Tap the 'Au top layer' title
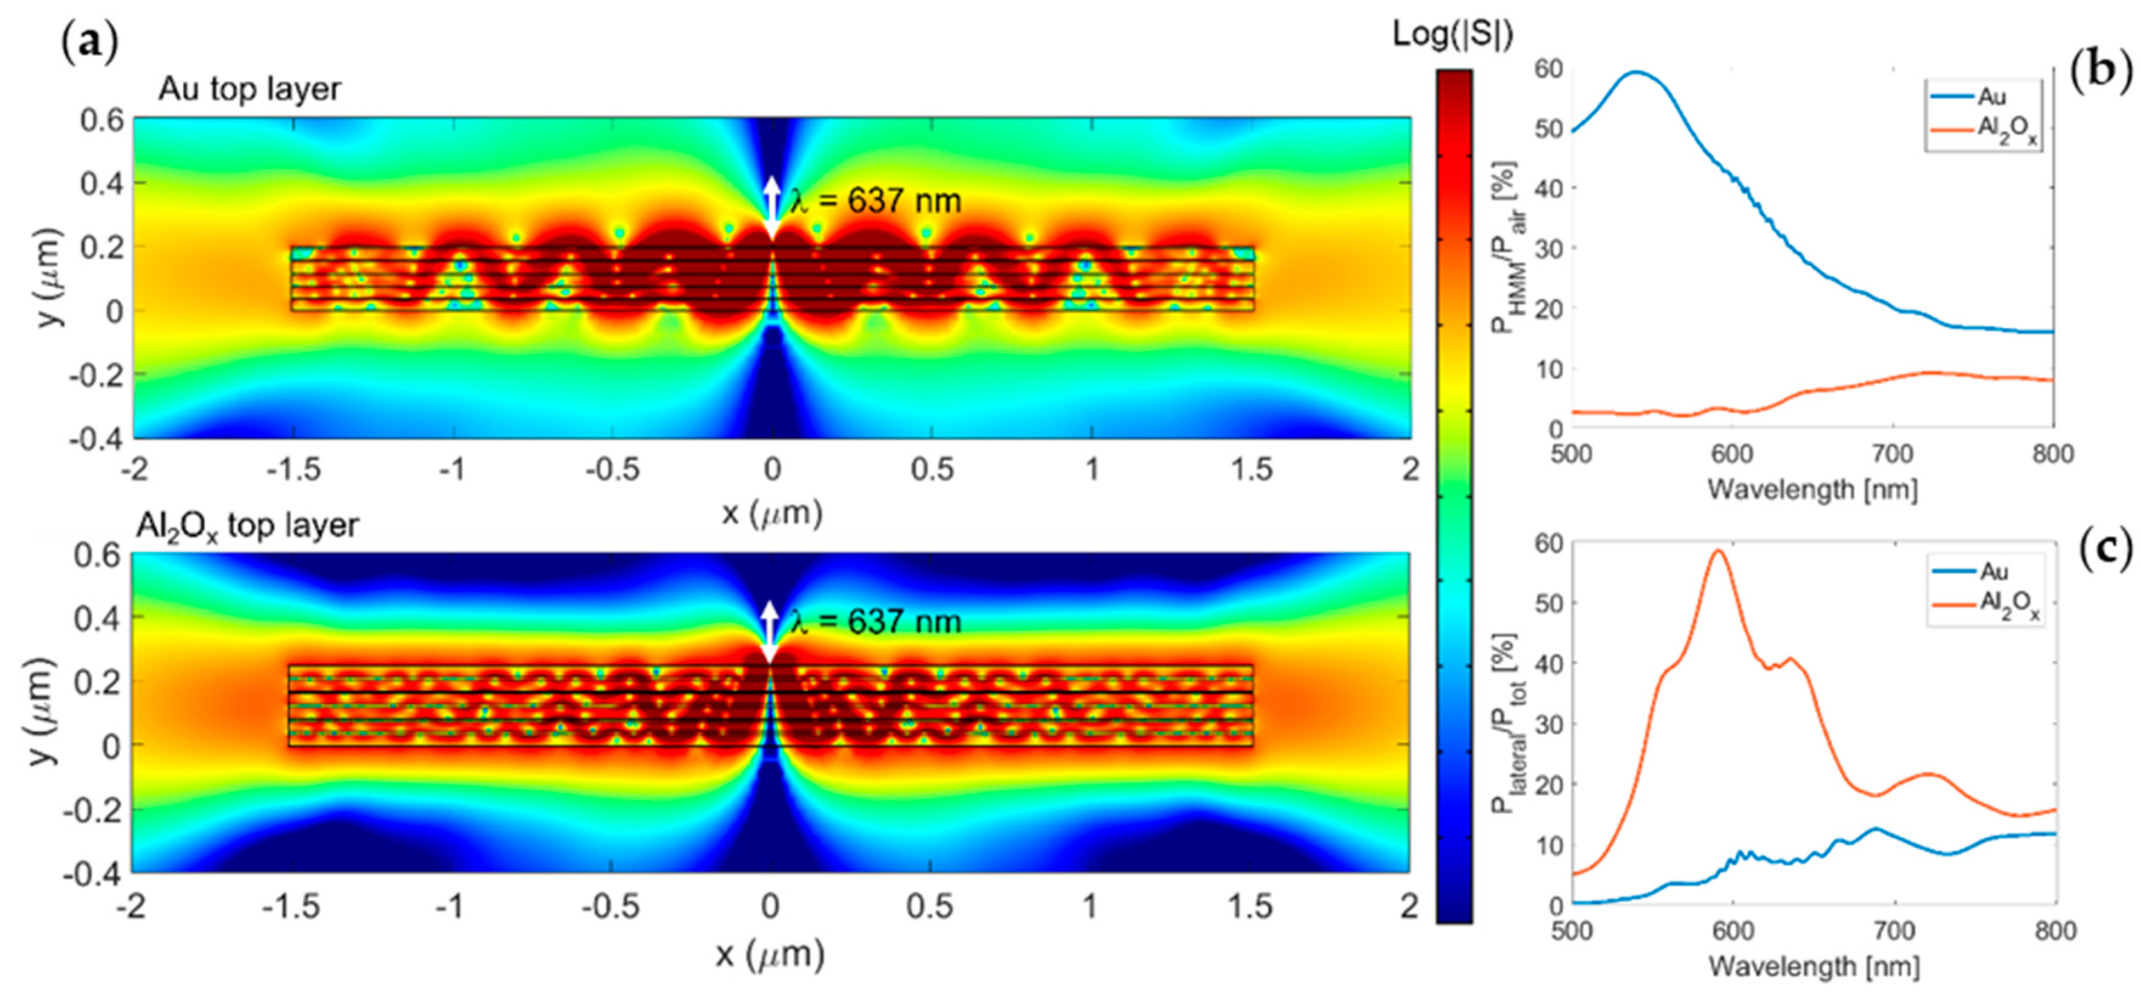coord(249,89)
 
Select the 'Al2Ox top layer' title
coord(247,526)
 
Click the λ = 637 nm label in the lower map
coord(876,622)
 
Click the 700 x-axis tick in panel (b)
coord(1893,455)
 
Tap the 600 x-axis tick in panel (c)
coord(1733,931)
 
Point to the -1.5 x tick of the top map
coord(293,470)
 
